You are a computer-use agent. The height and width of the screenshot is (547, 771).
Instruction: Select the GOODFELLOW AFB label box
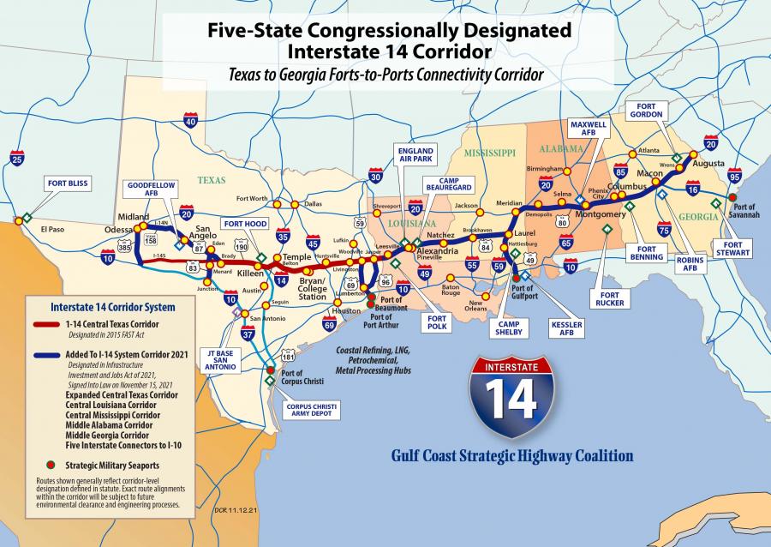151,189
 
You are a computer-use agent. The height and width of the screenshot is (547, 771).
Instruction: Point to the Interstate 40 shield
190,122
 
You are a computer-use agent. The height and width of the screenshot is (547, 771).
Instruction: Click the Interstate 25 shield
17,159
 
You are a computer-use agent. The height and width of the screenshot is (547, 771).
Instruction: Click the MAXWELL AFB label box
589,130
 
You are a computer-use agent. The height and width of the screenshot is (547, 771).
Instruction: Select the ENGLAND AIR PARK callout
415,155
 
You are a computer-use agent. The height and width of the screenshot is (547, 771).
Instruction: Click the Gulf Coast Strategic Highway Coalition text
511,455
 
